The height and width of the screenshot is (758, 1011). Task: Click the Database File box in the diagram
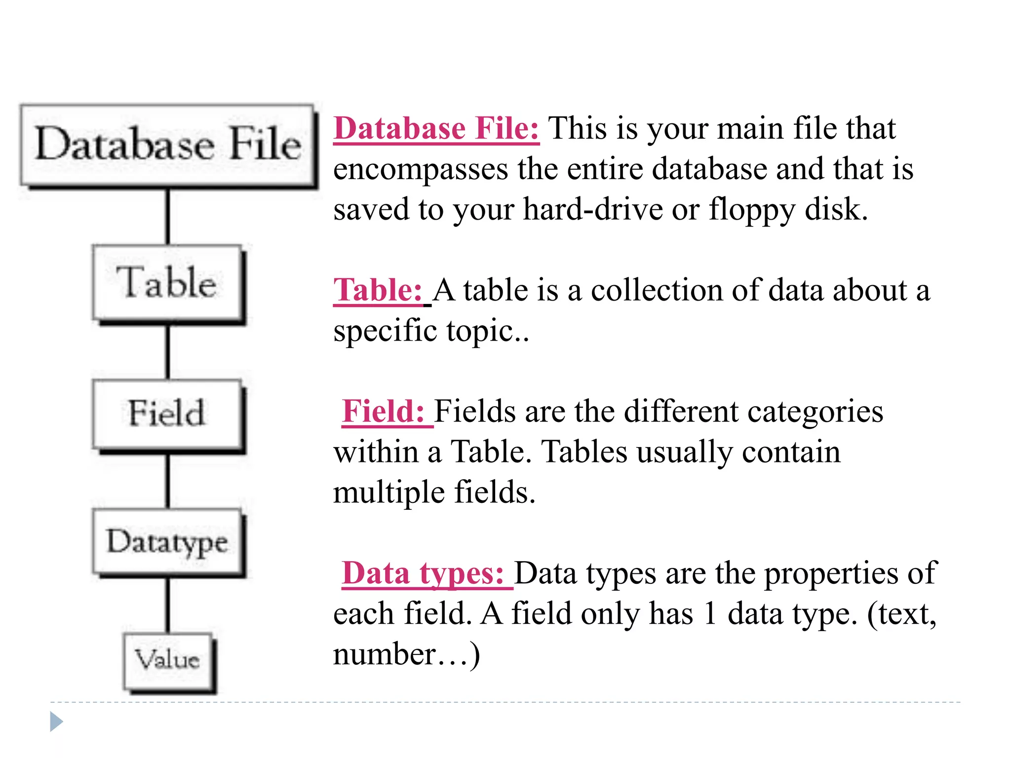pyautogui.click(x=168, y=145)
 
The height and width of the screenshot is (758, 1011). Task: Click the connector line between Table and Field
pyautogui.click(x=168, y=351)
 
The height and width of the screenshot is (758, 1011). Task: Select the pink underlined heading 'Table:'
pyautogui.click(x=378, y=290)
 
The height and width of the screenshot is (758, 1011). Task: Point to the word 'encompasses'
pyautogui.click(x=421, y=170)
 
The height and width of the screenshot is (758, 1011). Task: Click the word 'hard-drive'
pyautogui.click(x=592, y=209)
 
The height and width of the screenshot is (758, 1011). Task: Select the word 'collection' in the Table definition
pyautogui.click(x=657, y=290)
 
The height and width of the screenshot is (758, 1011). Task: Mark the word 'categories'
pyautogui.click(x=815, y=412)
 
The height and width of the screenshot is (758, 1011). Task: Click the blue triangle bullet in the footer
pyautogui.click(x=56, y=722)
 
